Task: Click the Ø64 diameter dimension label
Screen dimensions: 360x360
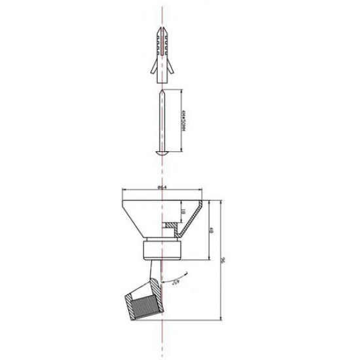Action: point(162,189)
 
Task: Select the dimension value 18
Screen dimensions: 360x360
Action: point(183,211)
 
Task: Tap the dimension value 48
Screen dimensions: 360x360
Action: point(209,230)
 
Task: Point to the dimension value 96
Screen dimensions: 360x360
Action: point(223,261)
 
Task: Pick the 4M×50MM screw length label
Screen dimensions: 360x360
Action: point(185,120)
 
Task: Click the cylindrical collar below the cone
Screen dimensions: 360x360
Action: point(160,249)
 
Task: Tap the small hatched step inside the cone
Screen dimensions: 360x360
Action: point(170,226)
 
